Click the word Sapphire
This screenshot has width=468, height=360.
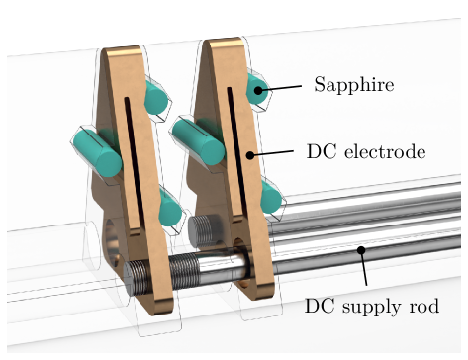pos(354,85)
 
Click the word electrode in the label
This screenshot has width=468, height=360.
pos(385,152)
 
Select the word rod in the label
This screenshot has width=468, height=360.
pos(424,306)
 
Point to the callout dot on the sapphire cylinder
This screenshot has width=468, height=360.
pos(259,90)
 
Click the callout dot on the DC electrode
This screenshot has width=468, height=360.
pos(251,155)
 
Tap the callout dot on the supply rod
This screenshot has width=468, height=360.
pos(361,250)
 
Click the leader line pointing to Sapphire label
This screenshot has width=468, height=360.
pos(280,88)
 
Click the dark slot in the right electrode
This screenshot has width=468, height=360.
pos(236,150)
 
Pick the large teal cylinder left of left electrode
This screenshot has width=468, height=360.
pos(97,152)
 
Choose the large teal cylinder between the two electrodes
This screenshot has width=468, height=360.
pos(198,140)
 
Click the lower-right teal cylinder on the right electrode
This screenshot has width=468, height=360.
pos(271,197)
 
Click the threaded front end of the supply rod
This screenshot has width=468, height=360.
pos(139,277)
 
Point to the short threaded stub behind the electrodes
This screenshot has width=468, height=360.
pos(205,229)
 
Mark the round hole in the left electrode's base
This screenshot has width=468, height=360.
pos(111,242)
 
